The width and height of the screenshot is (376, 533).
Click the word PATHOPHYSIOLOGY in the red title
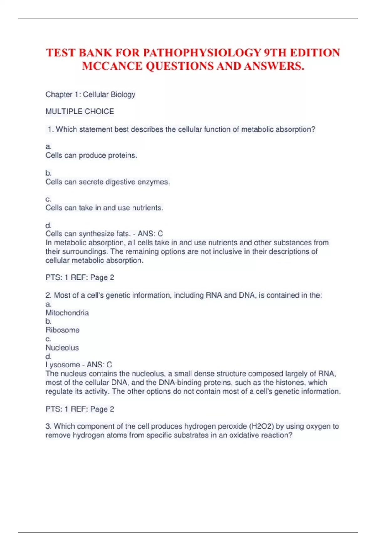tap(202, 53)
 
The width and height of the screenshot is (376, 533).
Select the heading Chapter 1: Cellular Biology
tap(90, 94)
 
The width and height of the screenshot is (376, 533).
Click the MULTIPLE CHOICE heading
tap(80, 112)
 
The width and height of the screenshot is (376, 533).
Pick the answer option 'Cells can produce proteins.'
tap(91, 156)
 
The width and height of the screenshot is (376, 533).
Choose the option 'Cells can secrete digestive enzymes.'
tap(107, 182)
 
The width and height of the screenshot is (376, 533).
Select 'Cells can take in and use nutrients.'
tap(104, 208)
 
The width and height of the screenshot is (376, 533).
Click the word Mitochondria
tap(67, 313)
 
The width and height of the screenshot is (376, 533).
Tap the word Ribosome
tap(62, 330)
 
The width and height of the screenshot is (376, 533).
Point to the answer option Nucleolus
tap(62, 348)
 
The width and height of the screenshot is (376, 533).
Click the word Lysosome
tap(63, 365)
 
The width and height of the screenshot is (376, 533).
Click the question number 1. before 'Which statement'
tap(50, 129)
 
